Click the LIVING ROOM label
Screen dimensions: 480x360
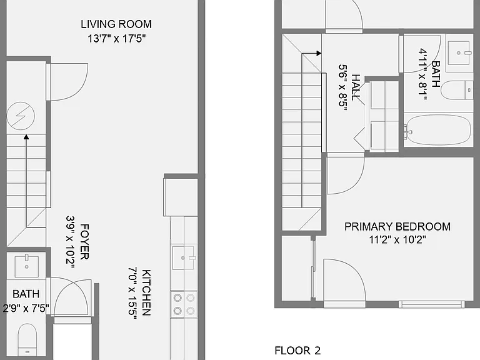pos(116,24)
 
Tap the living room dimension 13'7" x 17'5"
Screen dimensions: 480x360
pos(116,39)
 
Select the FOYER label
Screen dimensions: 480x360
pos(84,242)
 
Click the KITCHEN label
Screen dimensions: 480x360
pos(146,292)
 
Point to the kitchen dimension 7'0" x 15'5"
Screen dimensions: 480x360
pos(132,293)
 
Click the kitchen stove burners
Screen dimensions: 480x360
pos(184,304)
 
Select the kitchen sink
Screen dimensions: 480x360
pos(183,257)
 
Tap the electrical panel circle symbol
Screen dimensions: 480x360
pos(21,116)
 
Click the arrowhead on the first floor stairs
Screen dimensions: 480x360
pos(26,137)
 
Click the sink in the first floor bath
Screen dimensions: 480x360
pos(27,266)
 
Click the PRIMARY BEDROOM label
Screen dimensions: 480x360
pos(397,226)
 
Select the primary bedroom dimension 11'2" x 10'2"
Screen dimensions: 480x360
pos(397,239)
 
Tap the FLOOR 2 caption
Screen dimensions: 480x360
pos(297,351)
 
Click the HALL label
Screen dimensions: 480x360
pos(356,87)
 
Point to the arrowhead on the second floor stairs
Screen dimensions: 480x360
pos(319,53)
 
